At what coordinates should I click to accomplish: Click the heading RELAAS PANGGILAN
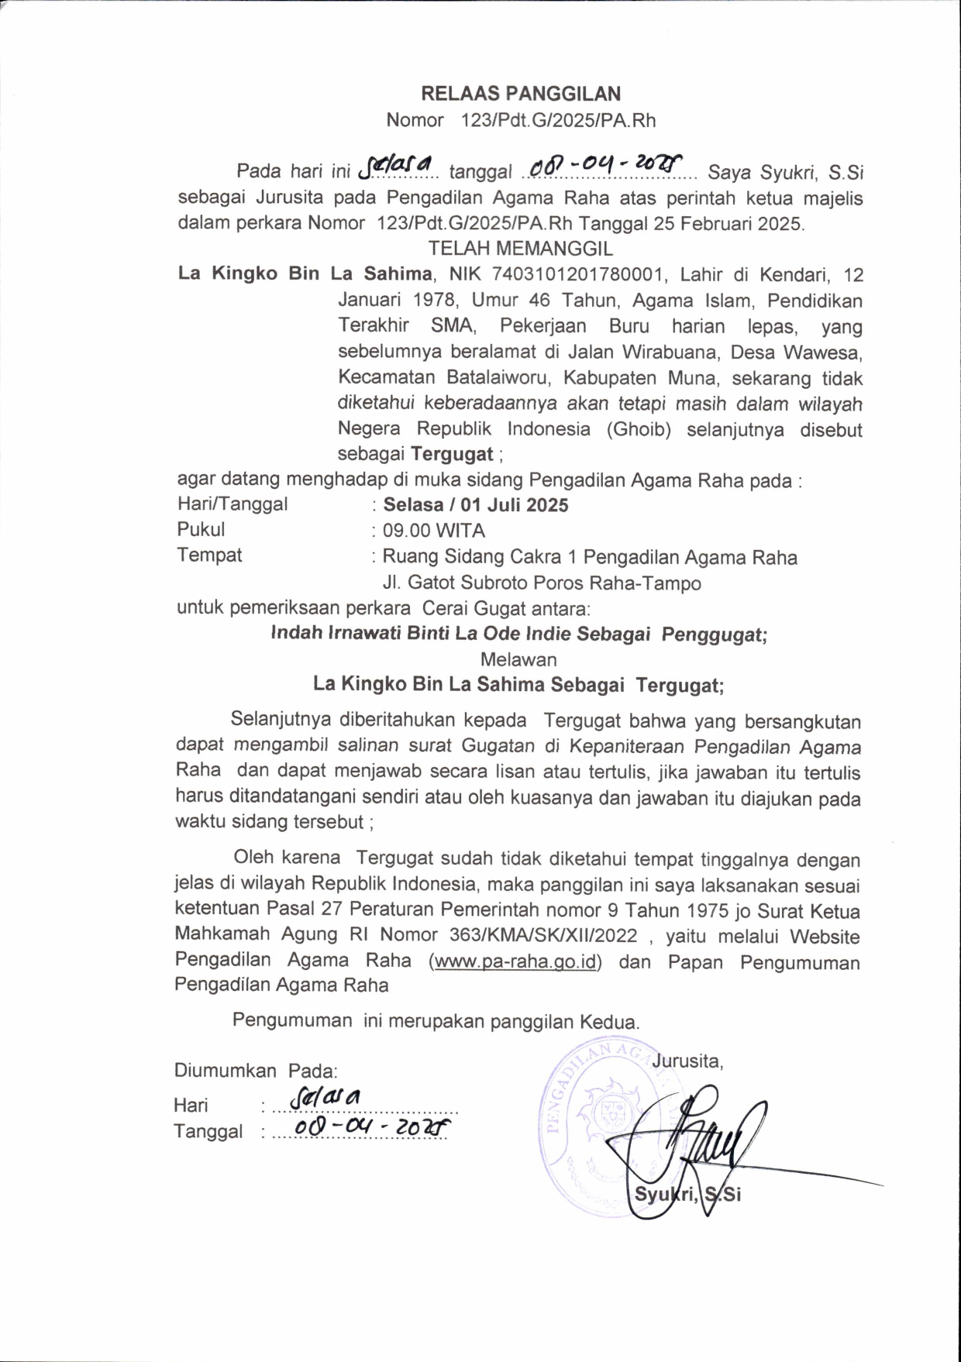(521, 94)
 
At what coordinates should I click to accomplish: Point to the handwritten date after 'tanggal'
(604, 165)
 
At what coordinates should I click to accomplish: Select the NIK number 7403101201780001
(574, 274)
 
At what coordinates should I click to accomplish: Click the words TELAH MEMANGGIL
(521, 249)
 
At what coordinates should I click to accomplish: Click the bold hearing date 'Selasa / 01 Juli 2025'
(476, 505)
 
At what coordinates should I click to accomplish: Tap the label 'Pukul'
(201, 530)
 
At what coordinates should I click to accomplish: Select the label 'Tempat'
(209, 555)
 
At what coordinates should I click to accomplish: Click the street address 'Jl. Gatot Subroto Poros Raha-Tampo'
(542, 583)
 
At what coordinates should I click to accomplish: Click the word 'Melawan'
(518, 659)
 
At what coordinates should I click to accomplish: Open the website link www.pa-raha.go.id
(515, 961)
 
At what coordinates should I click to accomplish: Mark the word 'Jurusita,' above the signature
(687, 1061)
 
